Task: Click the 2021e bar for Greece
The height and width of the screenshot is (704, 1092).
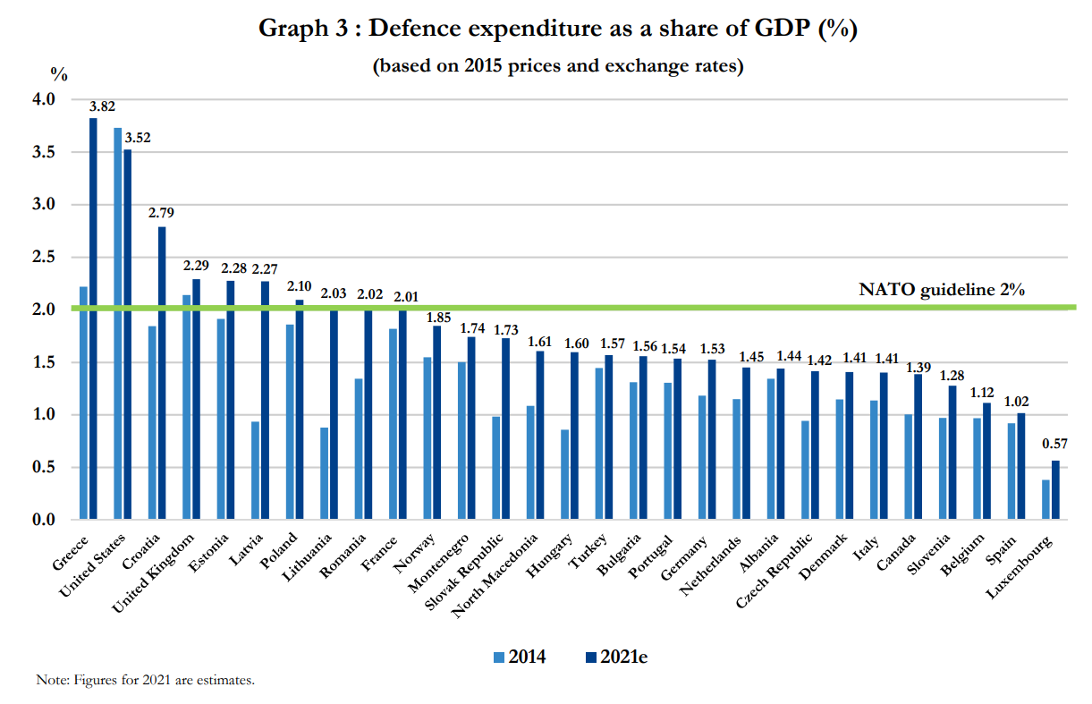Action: coord(93,318)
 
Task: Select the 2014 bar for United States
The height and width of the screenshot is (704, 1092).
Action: coord(117,323)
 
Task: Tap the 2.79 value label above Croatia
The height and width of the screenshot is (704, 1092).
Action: coord(162,213)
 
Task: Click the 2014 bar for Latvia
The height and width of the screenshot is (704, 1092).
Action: coord(255,470)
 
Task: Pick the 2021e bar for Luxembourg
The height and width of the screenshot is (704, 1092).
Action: coord(1055,489)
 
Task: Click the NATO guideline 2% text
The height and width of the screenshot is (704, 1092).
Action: coord(941,289)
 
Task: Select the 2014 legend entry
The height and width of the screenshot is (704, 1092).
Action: coord(520,657)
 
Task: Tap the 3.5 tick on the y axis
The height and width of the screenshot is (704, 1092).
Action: coord(43,152)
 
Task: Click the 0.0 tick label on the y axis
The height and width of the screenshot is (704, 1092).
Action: coord(43,520)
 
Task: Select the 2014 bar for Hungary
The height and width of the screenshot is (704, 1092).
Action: coord(564,473)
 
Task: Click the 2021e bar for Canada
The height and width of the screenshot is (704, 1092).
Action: coord(918,446)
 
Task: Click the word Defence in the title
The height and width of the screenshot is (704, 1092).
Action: coord(424,29)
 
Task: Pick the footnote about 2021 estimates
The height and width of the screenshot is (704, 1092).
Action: coord(146,680)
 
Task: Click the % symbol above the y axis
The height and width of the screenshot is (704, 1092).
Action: coord(58,74)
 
